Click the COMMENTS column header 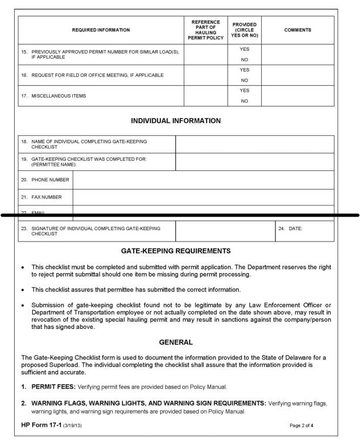coord(297,30)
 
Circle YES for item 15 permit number coord(244,49)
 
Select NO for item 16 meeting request coord(244,80)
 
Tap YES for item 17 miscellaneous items coord(244,90)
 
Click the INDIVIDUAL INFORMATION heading coord(175,121)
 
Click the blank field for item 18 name coord(254,144)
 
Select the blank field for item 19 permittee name coord(254,162)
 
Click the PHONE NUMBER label coord(50,180)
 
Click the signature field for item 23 coord(225,231)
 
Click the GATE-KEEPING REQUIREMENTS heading coord(175,250)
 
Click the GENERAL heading coord(175,342)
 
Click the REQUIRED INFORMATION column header coord(101,30)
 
